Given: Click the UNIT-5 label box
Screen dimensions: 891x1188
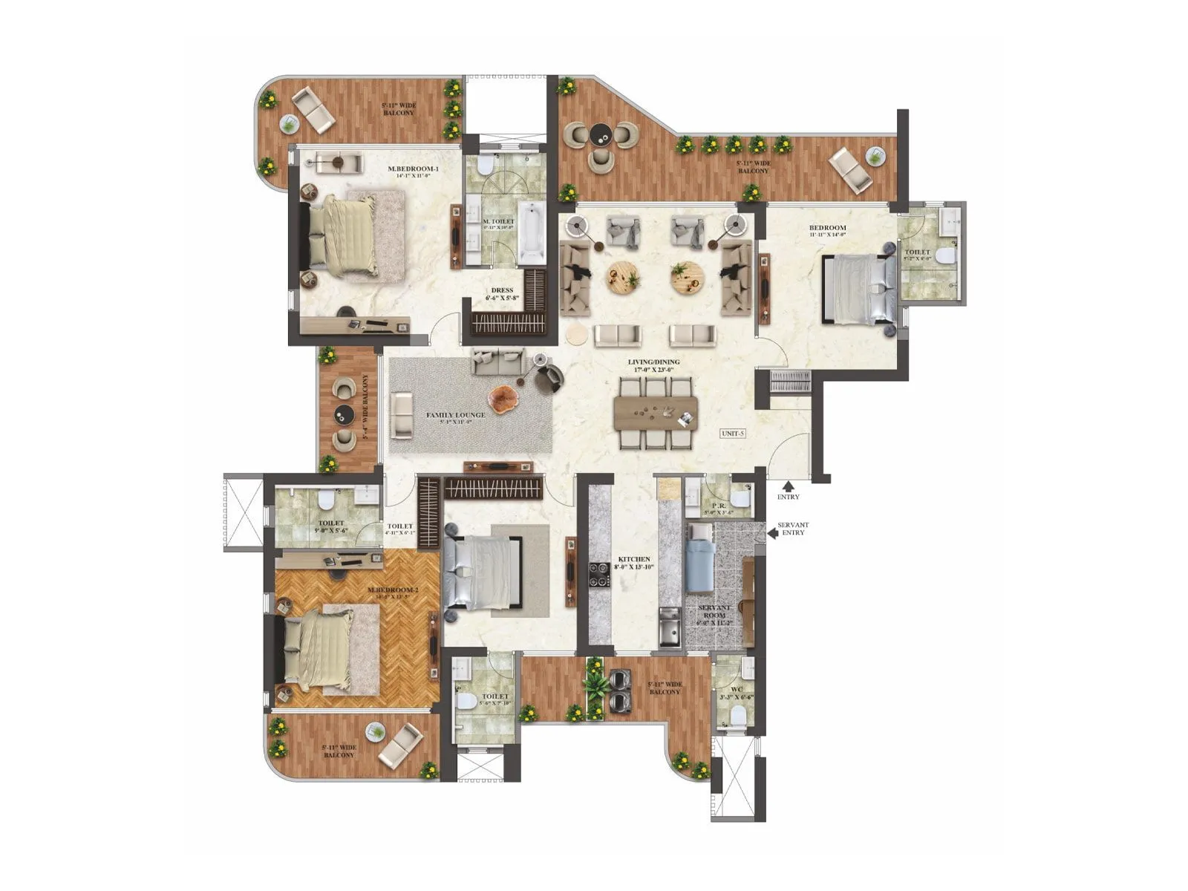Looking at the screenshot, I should click(732, 434).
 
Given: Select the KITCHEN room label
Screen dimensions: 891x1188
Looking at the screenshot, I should click(634, 559).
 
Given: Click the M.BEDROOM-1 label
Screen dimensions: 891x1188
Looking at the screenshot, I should click(414, 169).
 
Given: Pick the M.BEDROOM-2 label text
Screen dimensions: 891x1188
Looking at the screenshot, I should click(393, 590).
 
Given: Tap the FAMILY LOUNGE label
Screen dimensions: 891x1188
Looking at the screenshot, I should click(455, 415).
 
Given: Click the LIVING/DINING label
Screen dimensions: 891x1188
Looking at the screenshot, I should click(653, 362).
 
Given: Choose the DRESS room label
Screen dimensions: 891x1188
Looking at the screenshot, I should click(502, 290).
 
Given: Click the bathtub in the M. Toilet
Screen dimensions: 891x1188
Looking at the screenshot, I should click(530, 232).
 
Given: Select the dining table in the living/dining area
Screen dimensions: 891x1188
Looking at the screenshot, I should click(656, 413).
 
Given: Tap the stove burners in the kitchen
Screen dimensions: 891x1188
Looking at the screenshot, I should click(599, 575).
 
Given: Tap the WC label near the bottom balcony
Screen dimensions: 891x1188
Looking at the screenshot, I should click(736, 689).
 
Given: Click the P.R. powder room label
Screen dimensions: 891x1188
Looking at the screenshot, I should click(718, 506).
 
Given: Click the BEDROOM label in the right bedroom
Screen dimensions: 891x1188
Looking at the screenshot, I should click(827, 228).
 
